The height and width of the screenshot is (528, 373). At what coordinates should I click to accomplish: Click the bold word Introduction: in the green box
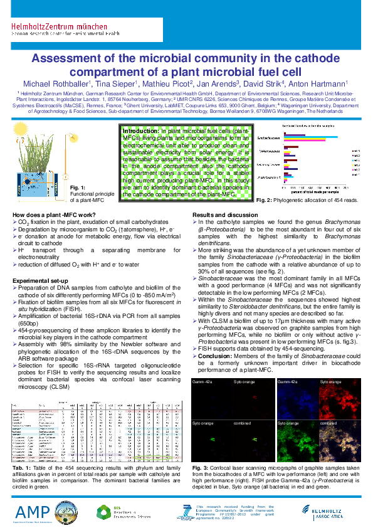[144, 131]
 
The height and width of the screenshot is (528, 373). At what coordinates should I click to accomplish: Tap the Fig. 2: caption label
[263, 199]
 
